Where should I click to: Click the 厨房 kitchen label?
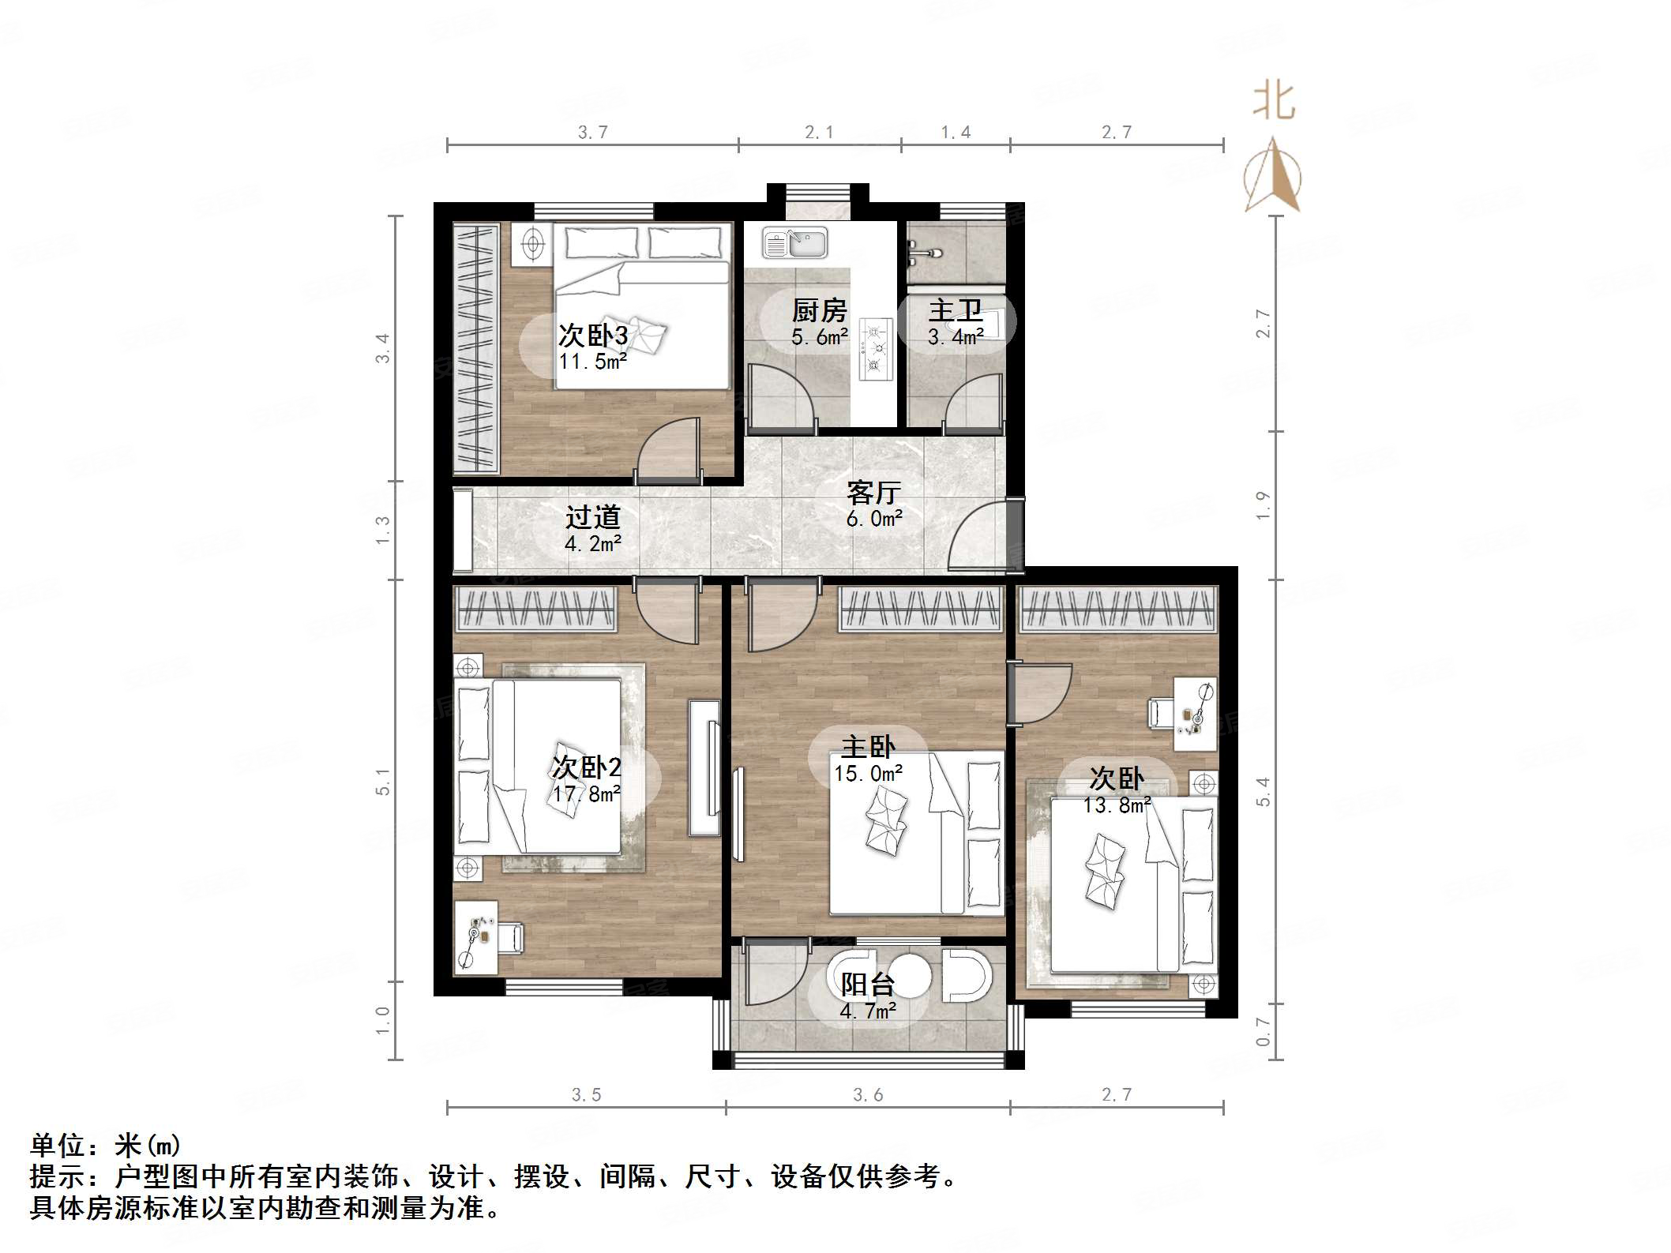point(819,310)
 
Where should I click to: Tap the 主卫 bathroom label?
point(956,310)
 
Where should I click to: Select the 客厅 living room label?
point(873,493)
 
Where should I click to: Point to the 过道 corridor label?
point(592,517)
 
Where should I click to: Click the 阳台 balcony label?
point(867,984)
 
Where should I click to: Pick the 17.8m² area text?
point(586,793)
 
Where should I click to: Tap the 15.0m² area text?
point(868,773)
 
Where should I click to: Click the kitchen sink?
point(794,243)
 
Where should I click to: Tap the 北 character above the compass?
point(1274,101)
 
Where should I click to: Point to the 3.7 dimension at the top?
point(592,133)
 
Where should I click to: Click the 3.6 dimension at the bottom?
point(867,1094)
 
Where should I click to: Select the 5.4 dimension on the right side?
point(1264,791)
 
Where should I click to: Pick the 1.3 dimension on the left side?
point(383,530)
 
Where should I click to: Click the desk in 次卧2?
point(476,937)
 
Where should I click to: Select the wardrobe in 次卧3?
point(475,348)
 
